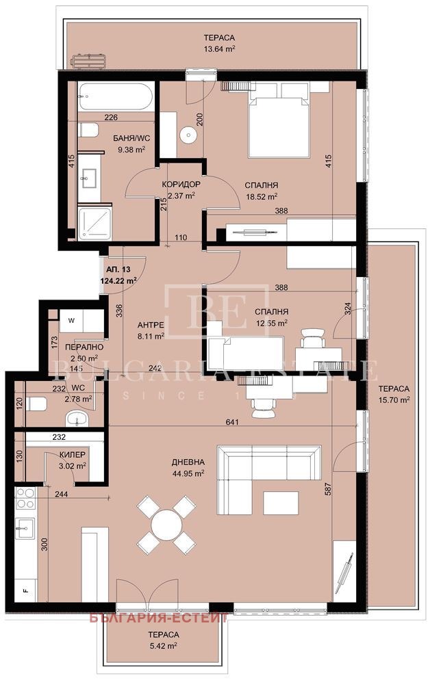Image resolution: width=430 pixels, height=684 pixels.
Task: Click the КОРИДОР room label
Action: pos(181,185)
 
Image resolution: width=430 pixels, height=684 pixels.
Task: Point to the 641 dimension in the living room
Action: pos(234,423)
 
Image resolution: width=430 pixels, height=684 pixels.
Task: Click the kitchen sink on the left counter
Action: pos(26,527)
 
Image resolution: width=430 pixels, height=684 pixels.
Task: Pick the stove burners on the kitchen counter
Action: pos(26,498)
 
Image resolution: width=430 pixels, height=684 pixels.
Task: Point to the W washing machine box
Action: pos(71,319)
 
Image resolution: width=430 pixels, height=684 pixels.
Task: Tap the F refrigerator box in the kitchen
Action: pos(26,590)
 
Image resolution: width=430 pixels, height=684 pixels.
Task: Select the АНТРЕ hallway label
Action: pos(151,326)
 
